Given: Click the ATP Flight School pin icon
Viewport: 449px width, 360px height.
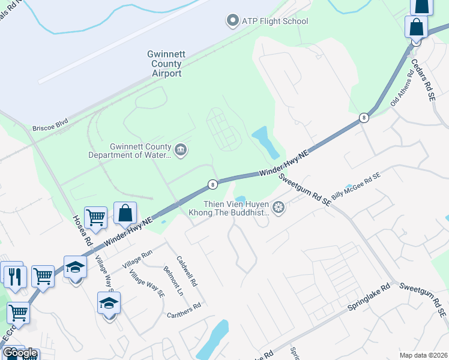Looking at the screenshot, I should [232, 21].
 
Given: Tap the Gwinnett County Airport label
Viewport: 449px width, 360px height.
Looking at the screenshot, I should [165, 64].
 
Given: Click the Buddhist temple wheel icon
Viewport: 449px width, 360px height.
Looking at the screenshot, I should [278, 208].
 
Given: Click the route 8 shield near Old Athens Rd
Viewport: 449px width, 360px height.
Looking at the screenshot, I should [363, 118].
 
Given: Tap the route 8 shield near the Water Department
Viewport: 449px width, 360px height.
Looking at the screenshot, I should [212, 184].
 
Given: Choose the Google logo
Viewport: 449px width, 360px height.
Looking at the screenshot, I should [20, 353].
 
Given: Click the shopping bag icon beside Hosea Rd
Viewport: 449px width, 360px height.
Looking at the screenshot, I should [125, 214].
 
